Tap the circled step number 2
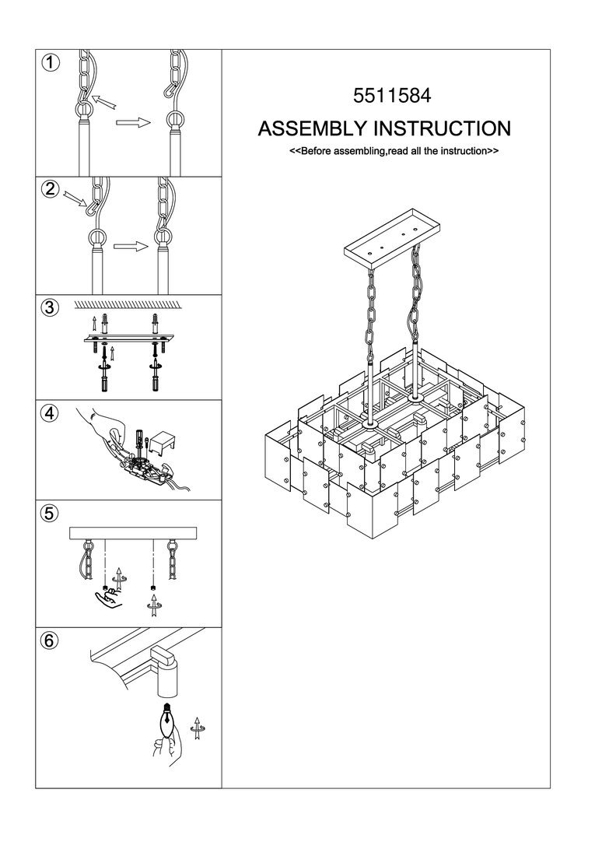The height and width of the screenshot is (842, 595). [50, 189]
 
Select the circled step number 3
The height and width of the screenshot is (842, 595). [50, 307]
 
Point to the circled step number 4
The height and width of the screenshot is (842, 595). [50, 414]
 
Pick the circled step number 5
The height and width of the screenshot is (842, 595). [50, 513]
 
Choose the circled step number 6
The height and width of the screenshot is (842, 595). [50, 640]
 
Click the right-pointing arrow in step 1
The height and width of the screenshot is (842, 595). [132, 122]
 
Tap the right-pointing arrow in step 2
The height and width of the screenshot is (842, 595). [130, 247]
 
